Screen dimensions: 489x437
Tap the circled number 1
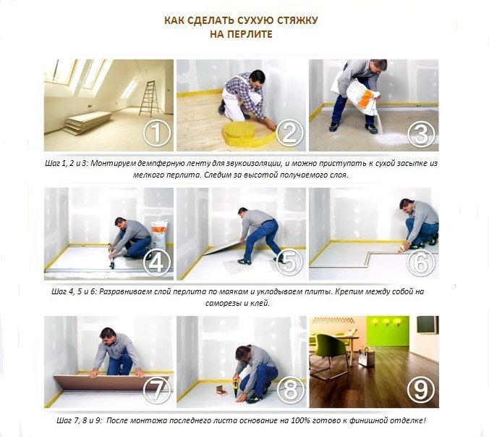click(157, 133)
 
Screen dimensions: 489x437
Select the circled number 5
click(289, 262)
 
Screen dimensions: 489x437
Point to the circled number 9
click(421, 391)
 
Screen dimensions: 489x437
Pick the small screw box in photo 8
click(221, 389)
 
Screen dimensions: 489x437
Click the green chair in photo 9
click(329, 349)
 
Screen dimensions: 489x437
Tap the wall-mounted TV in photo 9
click(427, 324)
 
